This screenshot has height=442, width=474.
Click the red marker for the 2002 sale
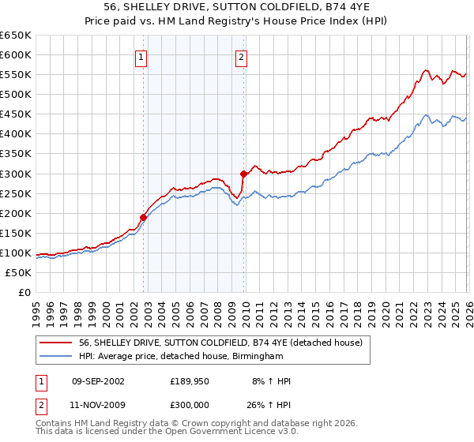pos(143,217)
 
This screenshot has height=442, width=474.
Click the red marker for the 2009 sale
pos(243,174)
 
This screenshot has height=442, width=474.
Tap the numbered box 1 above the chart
pos(141,56)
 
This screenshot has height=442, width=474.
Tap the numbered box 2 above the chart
pos(240,56)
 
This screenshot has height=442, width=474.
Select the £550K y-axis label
pos(15,75)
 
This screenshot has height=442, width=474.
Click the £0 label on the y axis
pos(24,293)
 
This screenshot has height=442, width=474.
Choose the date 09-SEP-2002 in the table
pos(98,381)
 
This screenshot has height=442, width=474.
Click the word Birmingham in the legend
pos(255,357)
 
